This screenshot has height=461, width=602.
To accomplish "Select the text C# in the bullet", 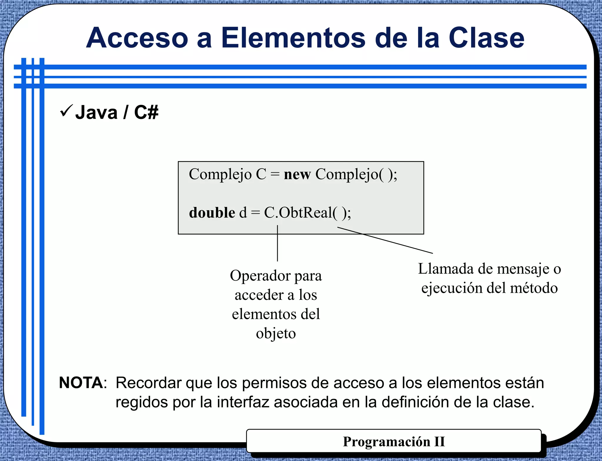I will tap(146, 112).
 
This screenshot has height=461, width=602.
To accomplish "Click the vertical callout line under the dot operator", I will tap(277, 244).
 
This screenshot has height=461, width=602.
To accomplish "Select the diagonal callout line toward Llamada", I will tap(385, 240).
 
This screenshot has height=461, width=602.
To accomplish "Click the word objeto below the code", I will tap(276, 334).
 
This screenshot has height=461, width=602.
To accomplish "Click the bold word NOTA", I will tap(81, 383).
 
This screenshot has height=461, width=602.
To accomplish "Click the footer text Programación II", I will tap(394, 442).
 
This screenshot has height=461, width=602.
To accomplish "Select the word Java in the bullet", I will tap(96, 112).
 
